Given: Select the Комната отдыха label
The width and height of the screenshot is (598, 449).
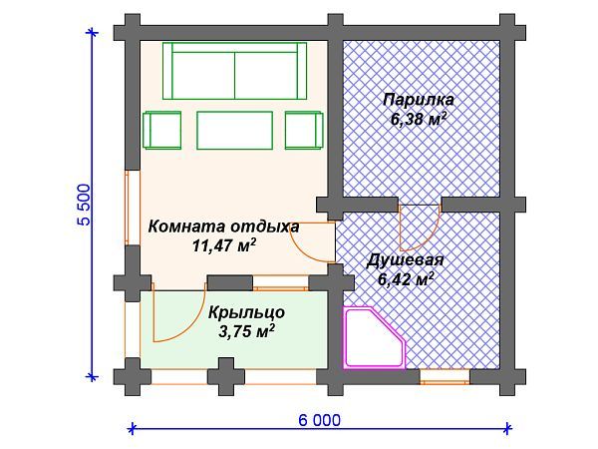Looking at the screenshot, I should [223, 226].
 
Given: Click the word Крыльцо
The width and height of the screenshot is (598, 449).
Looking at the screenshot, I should [247, 310].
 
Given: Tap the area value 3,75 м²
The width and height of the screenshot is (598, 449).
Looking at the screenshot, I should [246, 330].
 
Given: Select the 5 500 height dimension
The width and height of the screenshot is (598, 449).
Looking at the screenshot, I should [84, 206].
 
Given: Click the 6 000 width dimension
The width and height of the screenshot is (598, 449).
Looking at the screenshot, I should [319, 420].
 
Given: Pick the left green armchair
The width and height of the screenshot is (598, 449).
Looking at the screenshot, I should [162, 130].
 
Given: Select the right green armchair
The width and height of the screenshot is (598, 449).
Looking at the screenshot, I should [305, 130].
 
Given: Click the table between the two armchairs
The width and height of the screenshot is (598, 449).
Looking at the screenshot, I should [234, 130].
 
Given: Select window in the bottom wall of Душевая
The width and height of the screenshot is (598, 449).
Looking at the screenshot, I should [445, 376].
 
